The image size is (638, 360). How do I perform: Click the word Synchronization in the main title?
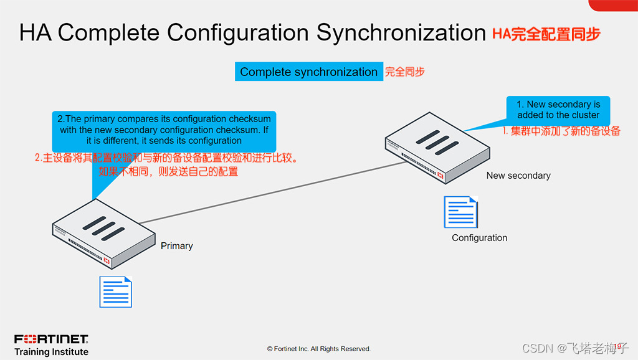401,32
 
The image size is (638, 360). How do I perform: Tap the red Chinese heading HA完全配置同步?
546,34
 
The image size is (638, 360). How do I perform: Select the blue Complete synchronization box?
308,72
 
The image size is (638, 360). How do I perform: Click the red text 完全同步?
404,72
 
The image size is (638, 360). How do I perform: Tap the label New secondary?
518,176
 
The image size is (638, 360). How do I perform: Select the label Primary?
177,246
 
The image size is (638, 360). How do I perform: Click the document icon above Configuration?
460,212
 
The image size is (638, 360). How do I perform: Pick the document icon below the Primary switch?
116,291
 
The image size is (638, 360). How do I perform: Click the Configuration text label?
480,238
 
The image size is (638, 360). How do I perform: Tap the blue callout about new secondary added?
558,110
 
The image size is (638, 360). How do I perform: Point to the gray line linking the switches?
274,192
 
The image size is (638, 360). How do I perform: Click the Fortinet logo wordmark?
51,339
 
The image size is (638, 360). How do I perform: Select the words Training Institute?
51,352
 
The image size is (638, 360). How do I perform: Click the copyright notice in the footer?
319,349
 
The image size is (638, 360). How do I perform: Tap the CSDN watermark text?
575,348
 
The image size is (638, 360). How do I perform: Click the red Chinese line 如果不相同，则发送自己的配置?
168,171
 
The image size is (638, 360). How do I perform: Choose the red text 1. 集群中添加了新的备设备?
561,131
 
